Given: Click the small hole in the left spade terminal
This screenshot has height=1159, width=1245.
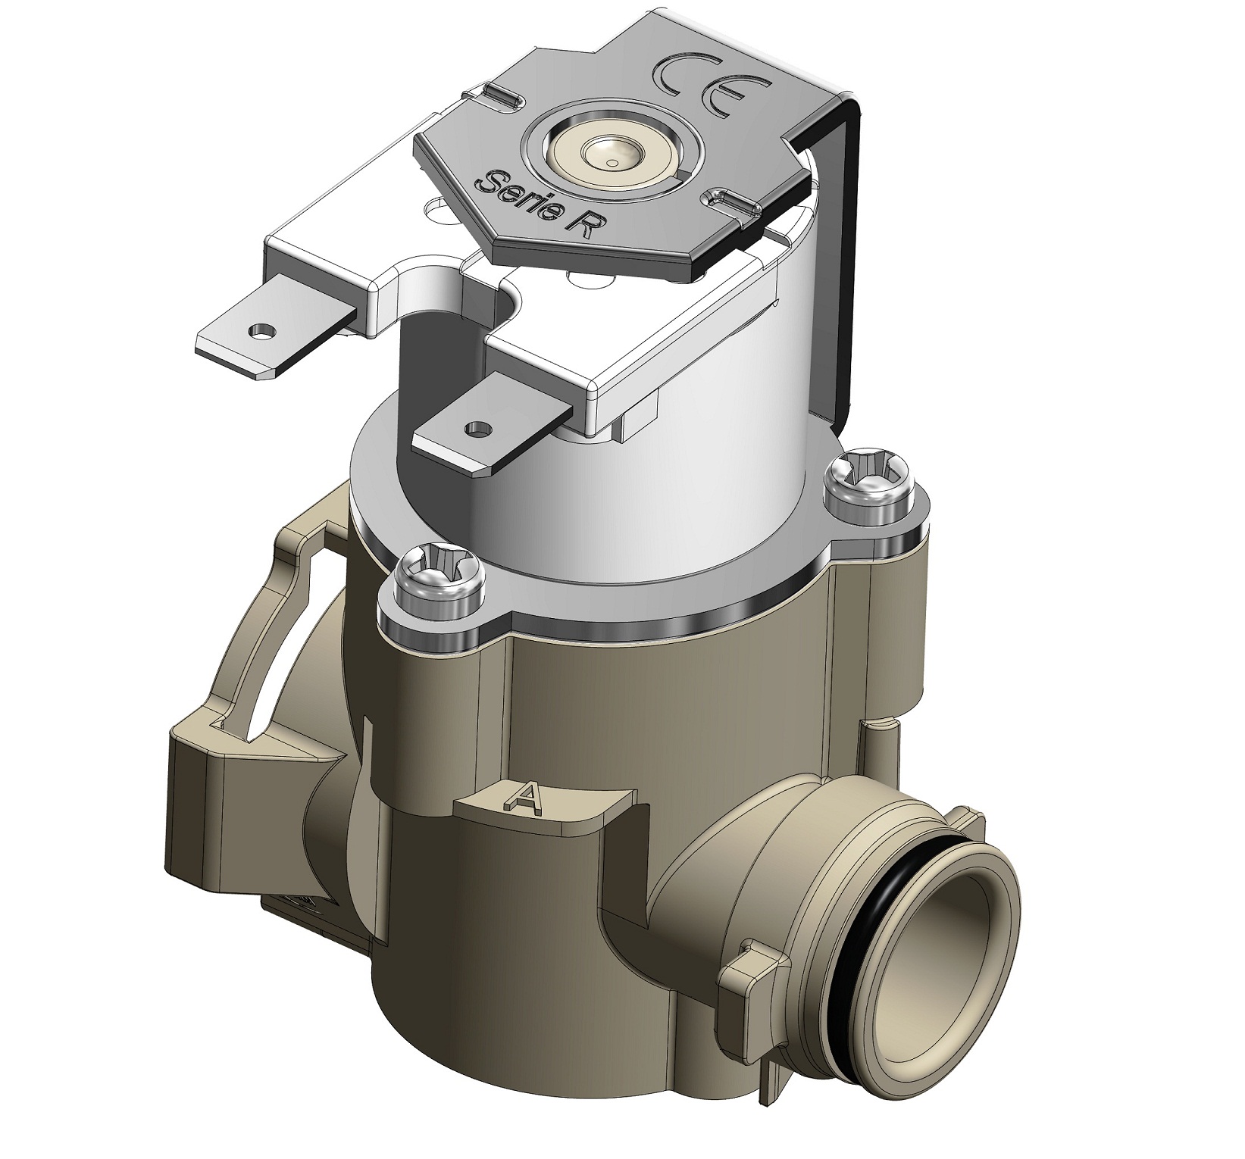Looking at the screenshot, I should tap(262, 331).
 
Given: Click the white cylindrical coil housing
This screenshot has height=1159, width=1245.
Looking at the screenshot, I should tap(727, 432).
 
